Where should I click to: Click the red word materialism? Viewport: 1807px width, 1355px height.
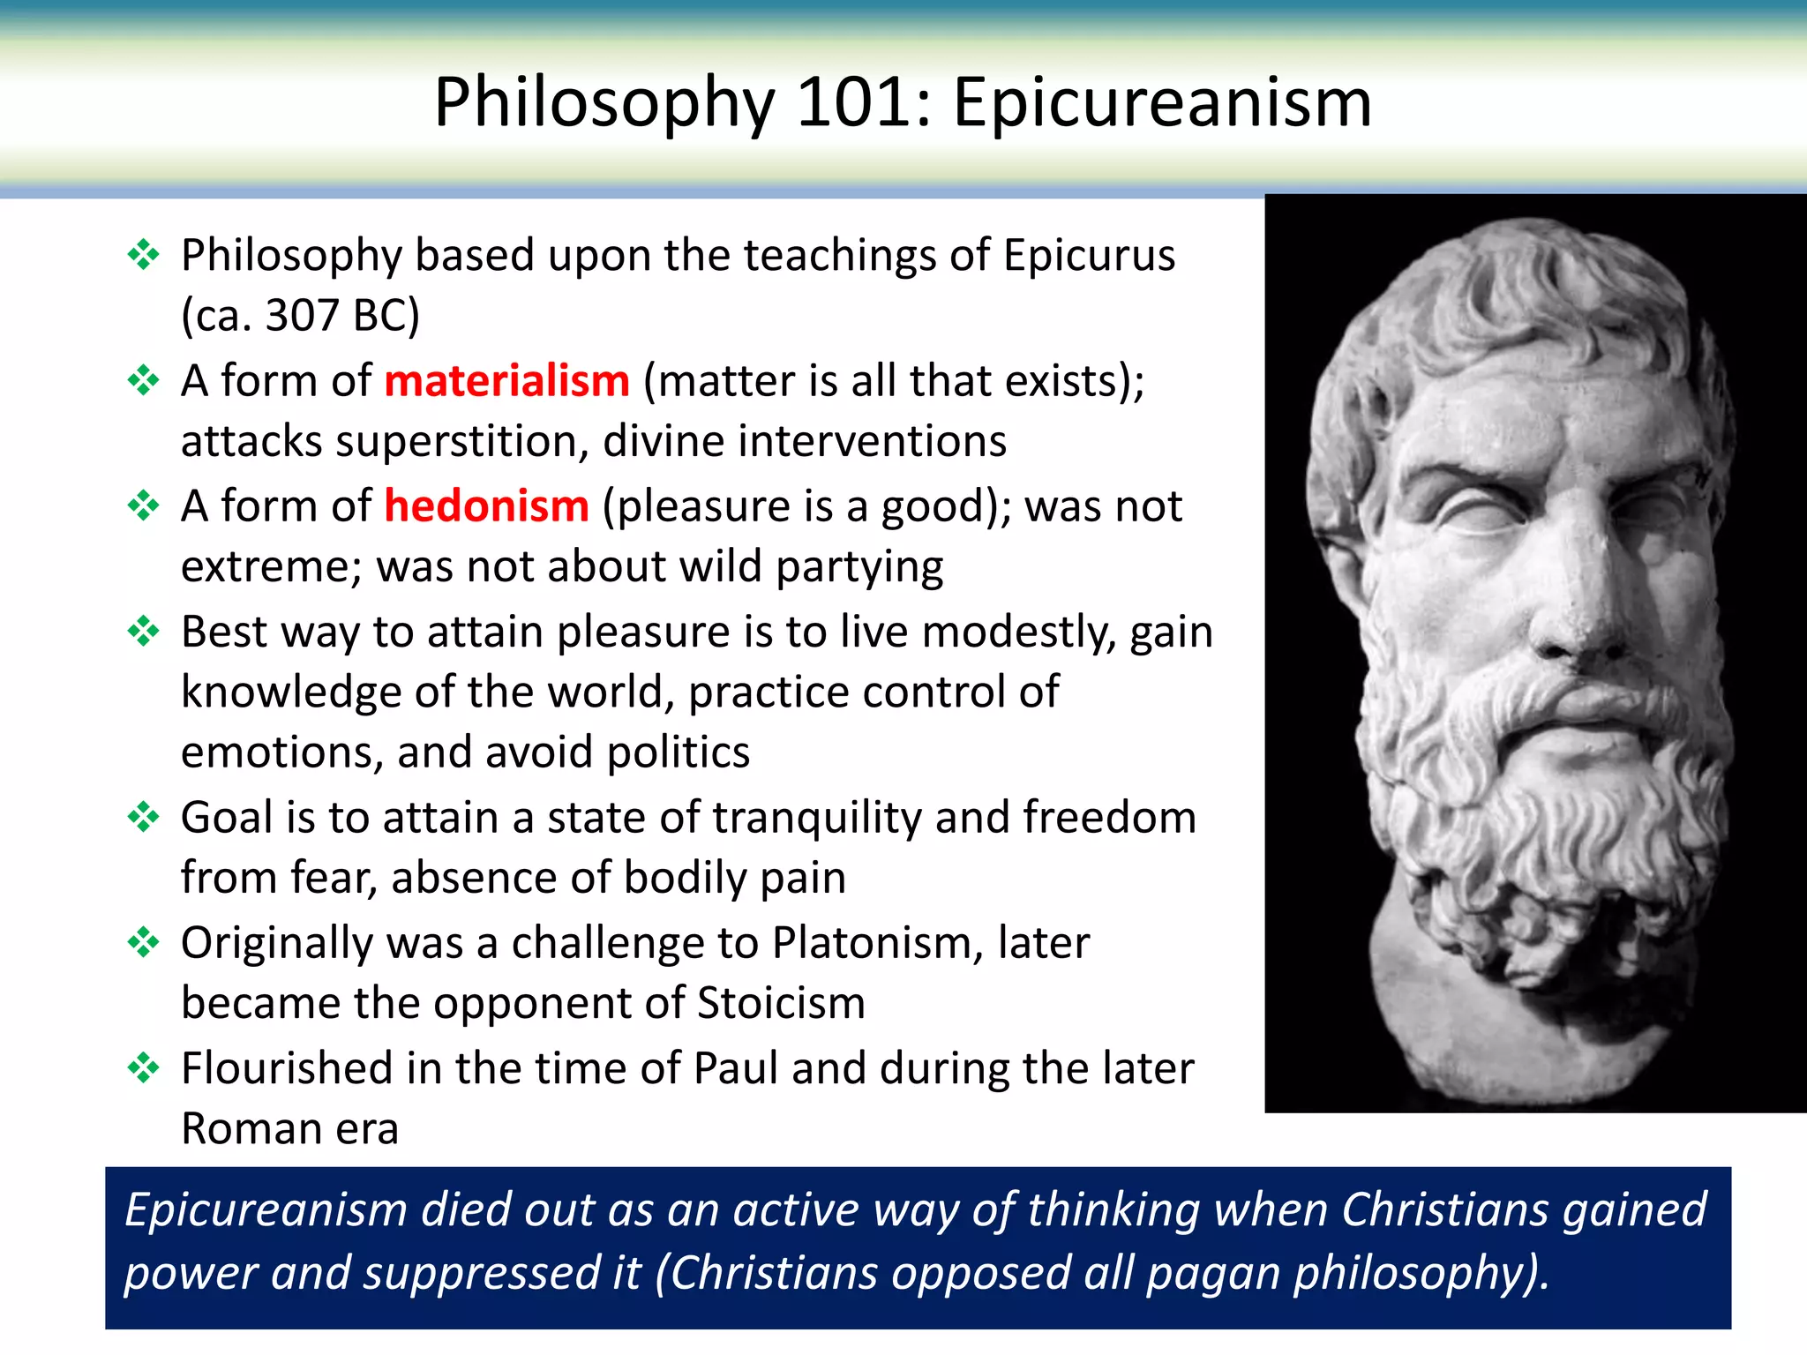pyautogui.click(x=506, y=381)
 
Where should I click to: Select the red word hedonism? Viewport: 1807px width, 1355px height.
pyautogui.click(x=486, y=506)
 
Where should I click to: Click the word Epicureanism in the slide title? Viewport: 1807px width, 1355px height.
pyautogui.click(x=1162, y=102)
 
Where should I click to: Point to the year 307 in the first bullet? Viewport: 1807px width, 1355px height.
pyautogui.click(x=301, y=315)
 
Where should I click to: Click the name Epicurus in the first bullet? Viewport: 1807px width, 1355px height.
pyautogui.click(x=1089, y=256)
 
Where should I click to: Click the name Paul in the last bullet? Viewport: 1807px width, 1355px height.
pyautogui.click(x=736, y=1068)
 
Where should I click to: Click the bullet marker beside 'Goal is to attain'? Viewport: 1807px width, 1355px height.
pyautogui.click(x=143, y=817)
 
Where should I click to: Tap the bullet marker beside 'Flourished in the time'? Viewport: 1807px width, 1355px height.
pyautogui.click(x=143, y=1068)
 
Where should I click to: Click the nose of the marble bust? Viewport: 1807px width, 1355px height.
pyautogui.click(x=1579, y=618)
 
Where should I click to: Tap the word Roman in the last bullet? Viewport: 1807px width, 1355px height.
pyautogui.click(x=251, y=1129)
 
